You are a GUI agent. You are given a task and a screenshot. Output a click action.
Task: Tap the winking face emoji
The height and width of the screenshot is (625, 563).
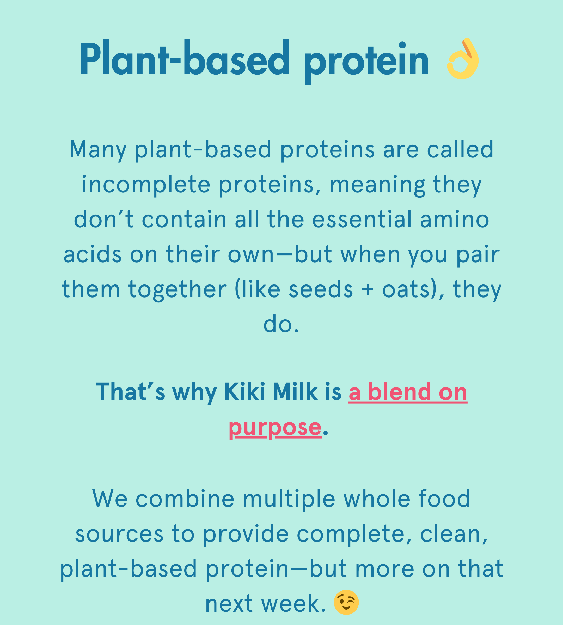coord(346,602)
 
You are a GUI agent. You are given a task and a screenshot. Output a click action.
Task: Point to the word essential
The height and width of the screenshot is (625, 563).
coord(362,219)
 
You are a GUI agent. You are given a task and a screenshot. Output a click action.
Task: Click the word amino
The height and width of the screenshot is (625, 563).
coord(454,219)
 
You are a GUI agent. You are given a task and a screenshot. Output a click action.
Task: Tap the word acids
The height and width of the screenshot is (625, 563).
coord(93,254)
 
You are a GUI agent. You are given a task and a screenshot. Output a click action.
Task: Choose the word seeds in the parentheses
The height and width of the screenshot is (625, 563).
coord(321,289)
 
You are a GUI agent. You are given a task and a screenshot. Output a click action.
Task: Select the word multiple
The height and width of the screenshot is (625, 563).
coord(289,500)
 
